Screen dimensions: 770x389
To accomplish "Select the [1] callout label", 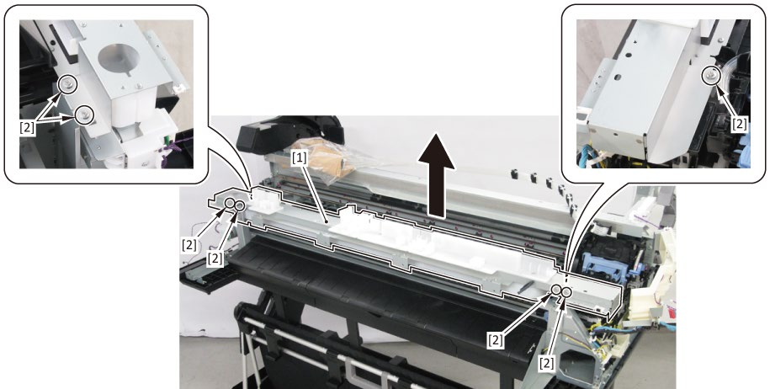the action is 300,157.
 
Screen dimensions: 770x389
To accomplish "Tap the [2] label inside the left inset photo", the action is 27,128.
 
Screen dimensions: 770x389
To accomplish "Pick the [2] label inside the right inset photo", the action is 740,125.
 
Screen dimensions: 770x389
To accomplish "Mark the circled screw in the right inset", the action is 710,75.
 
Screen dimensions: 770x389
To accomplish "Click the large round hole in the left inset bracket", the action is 119,58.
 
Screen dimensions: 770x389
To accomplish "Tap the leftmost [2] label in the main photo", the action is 189,244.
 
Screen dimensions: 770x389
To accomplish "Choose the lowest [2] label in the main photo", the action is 546,364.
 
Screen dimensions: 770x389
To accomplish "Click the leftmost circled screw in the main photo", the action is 230,204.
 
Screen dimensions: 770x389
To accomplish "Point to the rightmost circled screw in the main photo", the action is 566,291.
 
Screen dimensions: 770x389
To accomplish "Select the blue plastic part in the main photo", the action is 607,263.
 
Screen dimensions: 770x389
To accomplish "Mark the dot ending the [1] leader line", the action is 327,222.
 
